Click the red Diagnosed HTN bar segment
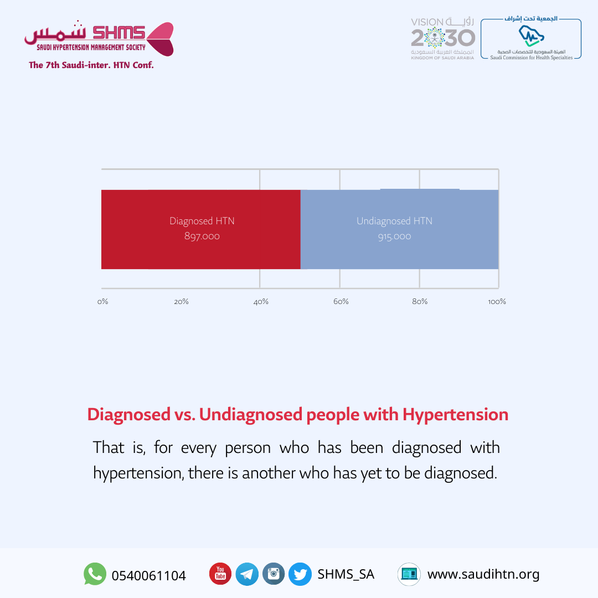(x=201, y=229)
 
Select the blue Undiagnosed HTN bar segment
(x=399, y=229)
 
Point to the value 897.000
(x=202, y=236)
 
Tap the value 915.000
(x=395, y=236)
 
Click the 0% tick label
(x=102, y=301)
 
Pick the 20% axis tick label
(x=181, y=301)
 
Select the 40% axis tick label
(x=261, y=301)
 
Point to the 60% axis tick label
(x=341, y=301)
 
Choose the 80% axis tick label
(x=420, y=301)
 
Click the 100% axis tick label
(x=497, y=301)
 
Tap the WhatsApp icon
(x=95, y=574)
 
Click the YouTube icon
(x=220, y=574)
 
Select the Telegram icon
(x=247, y=574)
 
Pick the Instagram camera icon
(x=274, y=574)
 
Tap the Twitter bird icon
(x=300, y=574)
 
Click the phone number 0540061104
(x=149, y=575)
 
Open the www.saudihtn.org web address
(x=483, y=574)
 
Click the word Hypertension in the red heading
(x=455, y=415)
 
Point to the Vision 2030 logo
(x=443, y=39)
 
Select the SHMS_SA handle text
(x=346, y=574)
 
